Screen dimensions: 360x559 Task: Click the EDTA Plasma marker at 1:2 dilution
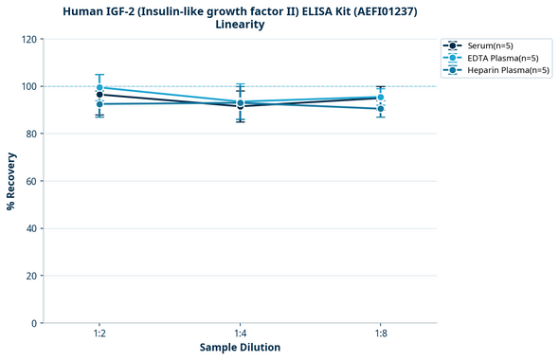coord(99,87)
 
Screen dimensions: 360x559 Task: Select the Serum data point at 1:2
coord(99,95)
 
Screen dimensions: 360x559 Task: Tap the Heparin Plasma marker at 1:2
coord(99,103)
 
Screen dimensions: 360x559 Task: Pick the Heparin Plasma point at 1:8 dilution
coord(380,109)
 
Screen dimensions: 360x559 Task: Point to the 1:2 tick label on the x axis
coord(99,333)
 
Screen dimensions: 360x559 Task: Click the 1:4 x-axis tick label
coord(240,333)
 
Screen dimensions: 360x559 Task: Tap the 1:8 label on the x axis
coord(380,333)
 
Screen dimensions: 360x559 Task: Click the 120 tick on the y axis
coord(29,39)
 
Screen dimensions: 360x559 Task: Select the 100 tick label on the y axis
coord(29,86)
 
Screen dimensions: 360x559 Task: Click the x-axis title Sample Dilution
coord(240,348)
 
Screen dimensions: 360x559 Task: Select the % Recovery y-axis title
coord(11,181)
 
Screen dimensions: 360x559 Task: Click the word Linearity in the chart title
coord(240,25)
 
